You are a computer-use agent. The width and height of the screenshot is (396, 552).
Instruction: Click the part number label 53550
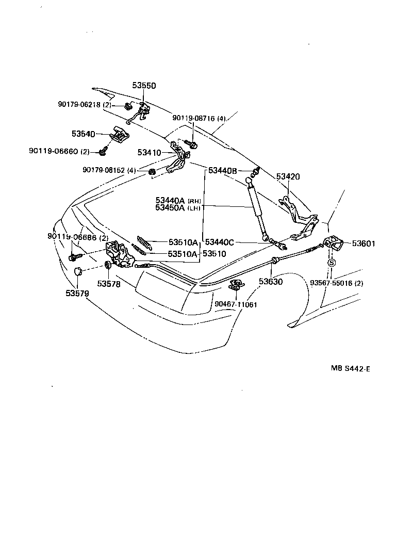pos(143,86)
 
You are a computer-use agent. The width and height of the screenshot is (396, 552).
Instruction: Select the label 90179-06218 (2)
pos(84,105)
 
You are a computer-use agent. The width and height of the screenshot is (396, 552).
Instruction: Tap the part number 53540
pos(83,134)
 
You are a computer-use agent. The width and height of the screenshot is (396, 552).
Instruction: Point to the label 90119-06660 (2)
pos(59,151)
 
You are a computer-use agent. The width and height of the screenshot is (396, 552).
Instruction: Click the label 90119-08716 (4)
pos(199,118)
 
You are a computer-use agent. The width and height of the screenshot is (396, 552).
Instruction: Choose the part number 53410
pos(149,153)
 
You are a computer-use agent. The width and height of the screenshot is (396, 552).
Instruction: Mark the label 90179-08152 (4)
pos(109,170)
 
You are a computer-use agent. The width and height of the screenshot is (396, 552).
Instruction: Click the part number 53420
pos(288,176)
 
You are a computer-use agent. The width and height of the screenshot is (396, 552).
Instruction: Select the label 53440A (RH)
pos(178,200)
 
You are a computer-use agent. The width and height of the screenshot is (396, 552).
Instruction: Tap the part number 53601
pos(364,243)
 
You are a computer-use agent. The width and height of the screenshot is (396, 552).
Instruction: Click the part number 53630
pos(271,282)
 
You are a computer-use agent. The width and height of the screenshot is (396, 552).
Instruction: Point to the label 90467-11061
pos(236,304)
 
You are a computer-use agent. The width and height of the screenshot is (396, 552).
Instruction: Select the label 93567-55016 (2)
pos(336,283)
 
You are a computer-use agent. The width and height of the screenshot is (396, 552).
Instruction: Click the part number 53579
pos(77,294)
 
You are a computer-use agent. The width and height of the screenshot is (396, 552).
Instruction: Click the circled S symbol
pos(332,263)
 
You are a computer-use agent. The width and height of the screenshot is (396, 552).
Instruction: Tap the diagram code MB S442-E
pos(351,369)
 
